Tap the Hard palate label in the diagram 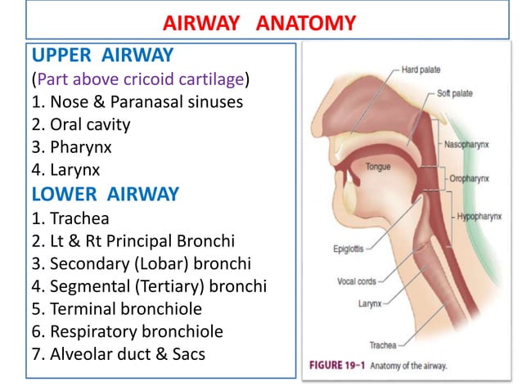421,70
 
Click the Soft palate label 455,93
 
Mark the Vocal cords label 357,281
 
